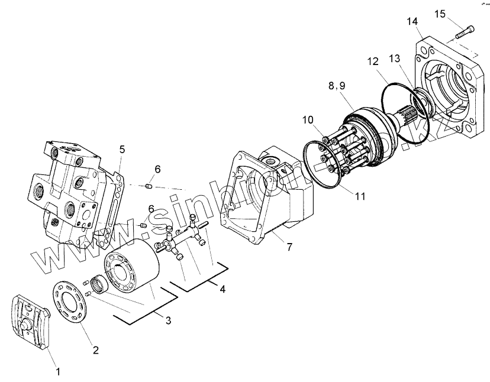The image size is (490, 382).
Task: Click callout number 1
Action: (58, 372)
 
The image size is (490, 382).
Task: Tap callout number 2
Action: (96, 349)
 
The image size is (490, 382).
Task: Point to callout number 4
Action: (222, 290)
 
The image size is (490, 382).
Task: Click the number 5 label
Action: (121, 150)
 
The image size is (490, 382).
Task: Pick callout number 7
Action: (289, 247)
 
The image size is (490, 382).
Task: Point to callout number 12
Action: (372, 61)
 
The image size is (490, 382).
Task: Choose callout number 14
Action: (412, 22)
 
